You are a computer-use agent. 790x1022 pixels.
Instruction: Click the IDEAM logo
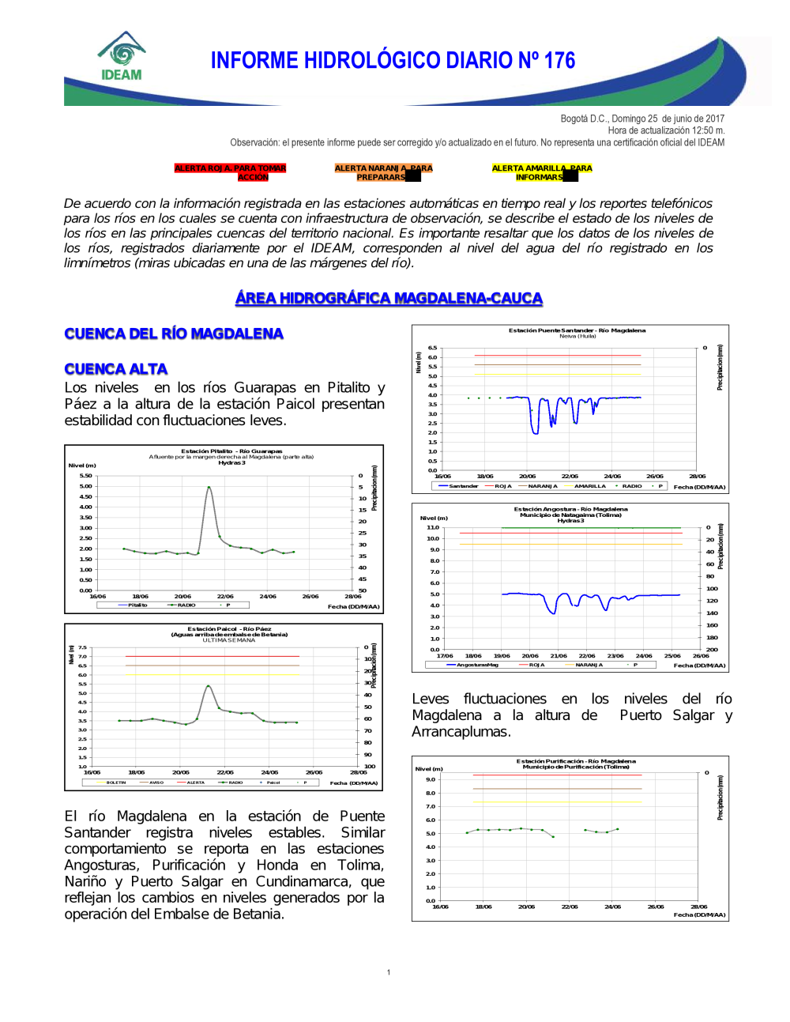122,57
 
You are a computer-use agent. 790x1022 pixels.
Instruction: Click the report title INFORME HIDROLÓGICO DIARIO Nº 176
393,61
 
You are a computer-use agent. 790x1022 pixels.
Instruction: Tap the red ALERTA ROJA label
230,172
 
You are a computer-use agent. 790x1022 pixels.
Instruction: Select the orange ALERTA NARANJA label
383,172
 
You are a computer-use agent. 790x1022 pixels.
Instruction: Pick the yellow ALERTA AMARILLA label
541,172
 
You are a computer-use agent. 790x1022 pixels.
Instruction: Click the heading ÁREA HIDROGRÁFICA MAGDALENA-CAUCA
389,298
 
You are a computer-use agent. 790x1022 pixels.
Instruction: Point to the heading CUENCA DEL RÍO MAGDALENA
174,334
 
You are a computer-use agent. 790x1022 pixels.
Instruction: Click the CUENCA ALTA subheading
116,369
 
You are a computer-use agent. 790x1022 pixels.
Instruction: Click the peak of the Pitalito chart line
209,487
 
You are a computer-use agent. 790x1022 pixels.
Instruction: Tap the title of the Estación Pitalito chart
231,451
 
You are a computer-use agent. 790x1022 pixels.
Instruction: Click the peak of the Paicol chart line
208,685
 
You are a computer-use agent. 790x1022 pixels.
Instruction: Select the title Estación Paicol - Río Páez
229,629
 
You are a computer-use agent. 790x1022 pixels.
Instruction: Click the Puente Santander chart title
577,330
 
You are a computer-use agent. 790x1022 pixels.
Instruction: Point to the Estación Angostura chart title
570,509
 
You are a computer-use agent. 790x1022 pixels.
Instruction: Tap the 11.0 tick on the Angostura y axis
433,527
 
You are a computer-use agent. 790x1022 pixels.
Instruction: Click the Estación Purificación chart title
576,761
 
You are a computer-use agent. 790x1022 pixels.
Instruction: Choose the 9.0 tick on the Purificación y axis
431,779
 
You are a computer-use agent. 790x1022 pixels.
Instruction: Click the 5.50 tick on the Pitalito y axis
85,476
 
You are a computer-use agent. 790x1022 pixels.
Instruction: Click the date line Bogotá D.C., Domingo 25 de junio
641,119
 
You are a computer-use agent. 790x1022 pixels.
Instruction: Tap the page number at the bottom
389,972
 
